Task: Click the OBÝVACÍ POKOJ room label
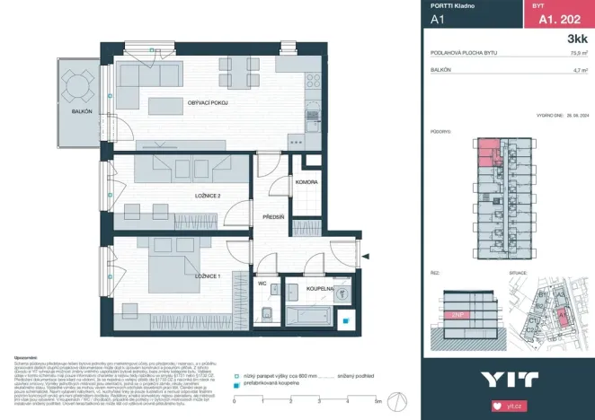coord(207,104)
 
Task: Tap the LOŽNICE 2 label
coord(206,195)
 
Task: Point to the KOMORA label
coord(306,182)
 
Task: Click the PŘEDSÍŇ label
coord(273,216)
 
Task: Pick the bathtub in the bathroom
coord(308,314)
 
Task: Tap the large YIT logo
coord(508,379)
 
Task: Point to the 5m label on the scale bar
coord(379,401)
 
